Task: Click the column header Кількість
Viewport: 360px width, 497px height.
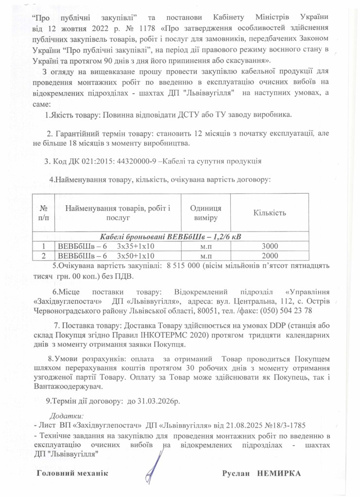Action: [270, 213]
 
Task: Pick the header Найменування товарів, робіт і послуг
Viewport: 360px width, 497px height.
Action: [118, 213]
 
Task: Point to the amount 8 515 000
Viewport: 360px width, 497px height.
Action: [182, 266]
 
